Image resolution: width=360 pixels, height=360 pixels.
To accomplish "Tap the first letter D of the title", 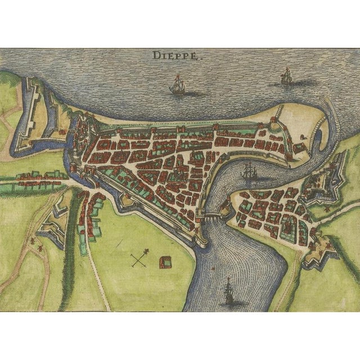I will click(155, 55).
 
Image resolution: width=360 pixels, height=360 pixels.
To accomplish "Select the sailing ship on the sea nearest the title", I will click(178, 86).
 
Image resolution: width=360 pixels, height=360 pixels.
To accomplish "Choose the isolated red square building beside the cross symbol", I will click(165, 262).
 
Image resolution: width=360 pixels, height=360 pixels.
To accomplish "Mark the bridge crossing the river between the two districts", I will click(212, 214).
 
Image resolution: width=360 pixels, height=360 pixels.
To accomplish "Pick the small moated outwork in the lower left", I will click(53, 225).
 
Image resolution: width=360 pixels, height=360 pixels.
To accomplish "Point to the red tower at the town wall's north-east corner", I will click(274, 120).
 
